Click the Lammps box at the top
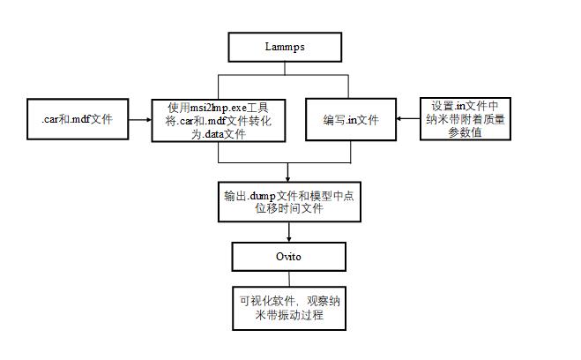(285, 47)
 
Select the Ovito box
(288, 257)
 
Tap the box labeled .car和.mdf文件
(78, 119)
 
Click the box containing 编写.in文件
(351, 119)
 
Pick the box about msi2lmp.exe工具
(219, 121)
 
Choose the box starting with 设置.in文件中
(465, 119)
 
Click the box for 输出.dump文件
(289, 202)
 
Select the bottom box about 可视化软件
(289, 308)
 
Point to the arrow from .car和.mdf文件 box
(140, 119)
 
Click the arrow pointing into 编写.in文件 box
(408, 119)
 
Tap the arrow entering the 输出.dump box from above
(288, 172)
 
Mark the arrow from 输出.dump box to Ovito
(288, 232)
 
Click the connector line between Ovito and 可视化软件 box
(289, 279)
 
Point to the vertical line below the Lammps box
(285, 68)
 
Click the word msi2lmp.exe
(219, 109)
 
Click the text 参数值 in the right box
(465, 132)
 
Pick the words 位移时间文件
(289, 208)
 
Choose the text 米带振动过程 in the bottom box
(289, 315)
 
